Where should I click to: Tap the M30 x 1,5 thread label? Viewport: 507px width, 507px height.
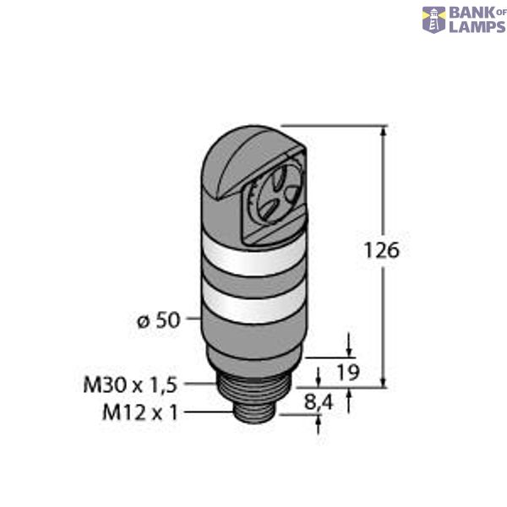coord(129,384)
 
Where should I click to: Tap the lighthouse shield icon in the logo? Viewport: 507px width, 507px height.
coord(433,20)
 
